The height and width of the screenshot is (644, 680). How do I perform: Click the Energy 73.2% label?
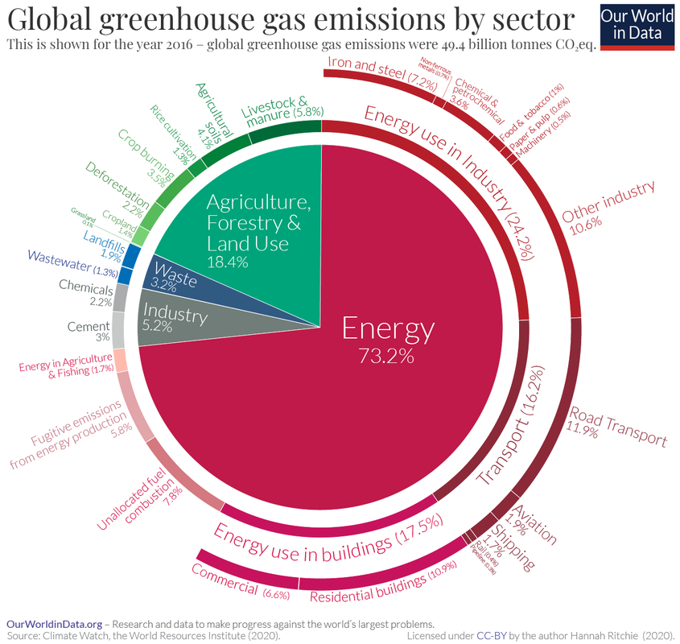(388, 339)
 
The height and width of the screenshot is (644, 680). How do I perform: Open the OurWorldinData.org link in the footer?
(55, 624)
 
